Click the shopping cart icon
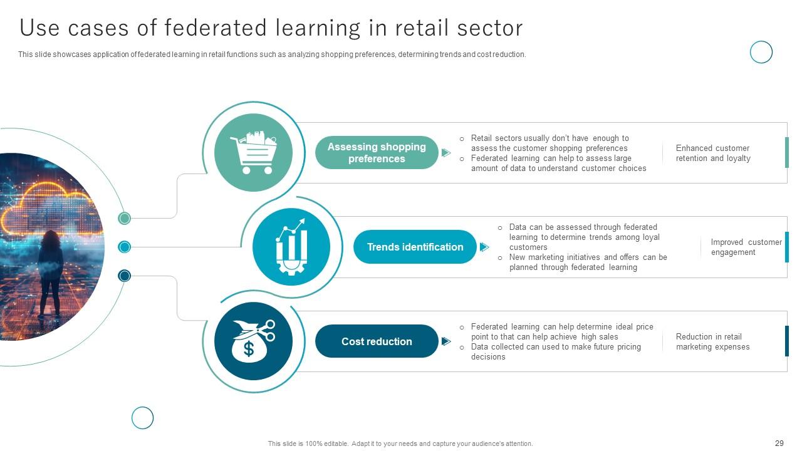pos(253,152)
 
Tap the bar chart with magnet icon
pos(291,247)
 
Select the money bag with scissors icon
pos(253,341)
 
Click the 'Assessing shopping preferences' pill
pos(377,153)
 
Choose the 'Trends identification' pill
pos(415,247)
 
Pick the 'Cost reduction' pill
pos(377,341)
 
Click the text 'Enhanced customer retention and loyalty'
pos(712,153)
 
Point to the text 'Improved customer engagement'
pos(746,247)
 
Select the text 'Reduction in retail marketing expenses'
pos(712,342)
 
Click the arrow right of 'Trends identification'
pos(484,247)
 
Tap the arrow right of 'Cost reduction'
pos(445,341)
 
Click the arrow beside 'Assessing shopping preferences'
pos(445,153)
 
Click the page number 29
pos(779,443)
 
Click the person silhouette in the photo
pos(50,269)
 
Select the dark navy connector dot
pos(125,276)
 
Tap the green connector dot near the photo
pos(125,218)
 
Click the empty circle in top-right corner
pos(761,52)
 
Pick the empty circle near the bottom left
pos(142,418)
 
